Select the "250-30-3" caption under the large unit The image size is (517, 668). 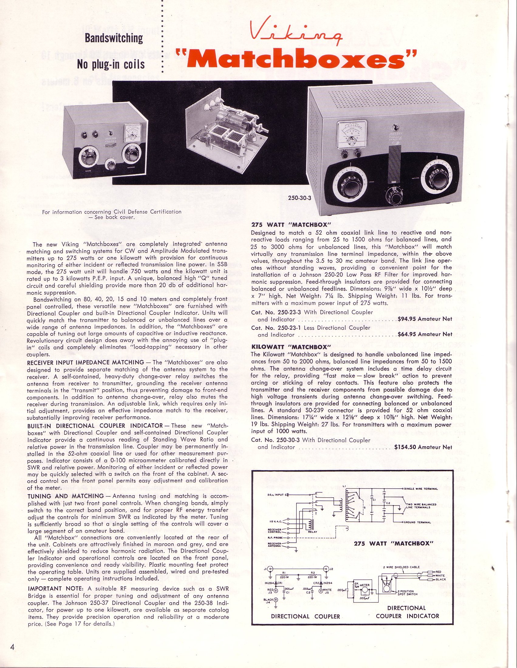300,198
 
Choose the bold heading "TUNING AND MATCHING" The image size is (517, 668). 66,496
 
